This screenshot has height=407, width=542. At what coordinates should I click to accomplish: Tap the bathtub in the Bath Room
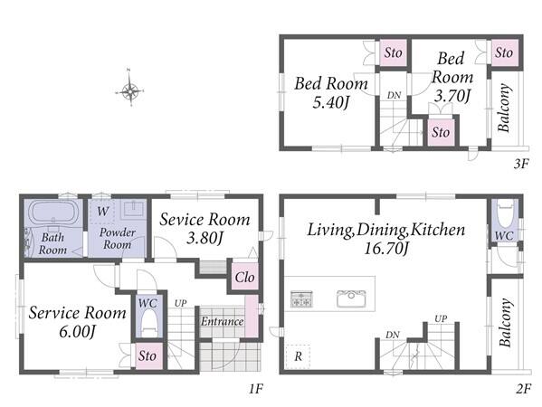52,213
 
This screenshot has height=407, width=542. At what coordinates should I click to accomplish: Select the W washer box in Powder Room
101,212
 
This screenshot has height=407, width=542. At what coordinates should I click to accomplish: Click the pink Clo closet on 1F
244,277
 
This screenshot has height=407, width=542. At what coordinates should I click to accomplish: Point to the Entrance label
223,322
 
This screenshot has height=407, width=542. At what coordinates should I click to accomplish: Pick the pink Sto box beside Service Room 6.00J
148,355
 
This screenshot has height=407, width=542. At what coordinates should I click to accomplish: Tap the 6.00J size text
77,332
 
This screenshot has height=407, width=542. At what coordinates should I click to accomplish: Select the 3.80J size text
205,238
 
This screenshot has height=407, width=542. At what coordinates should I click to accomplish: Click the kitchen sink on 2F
351,298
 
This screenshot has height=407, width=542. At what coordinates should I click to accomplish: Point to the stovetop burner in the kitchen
301,298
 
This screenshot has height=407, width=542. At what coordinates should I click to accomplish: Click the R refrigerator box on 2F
298,356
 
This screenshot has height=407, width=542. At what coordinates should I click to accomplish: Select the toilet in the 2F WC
505,214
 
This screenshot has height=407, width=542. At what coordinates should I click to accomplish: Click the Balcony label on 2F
505,322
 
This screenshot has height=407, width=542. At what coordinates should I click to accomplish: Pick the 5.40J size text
331,102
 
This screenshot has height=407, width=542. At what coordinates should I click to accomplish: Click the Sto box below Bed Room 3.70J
441,132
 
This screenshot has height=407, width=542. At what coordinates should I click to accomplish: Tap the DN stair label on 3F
394,95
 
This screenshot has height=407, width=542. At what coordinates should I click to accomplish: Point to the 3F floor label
521,163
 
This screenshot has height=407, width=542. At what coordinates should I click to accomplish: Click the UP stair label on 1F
180,303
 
